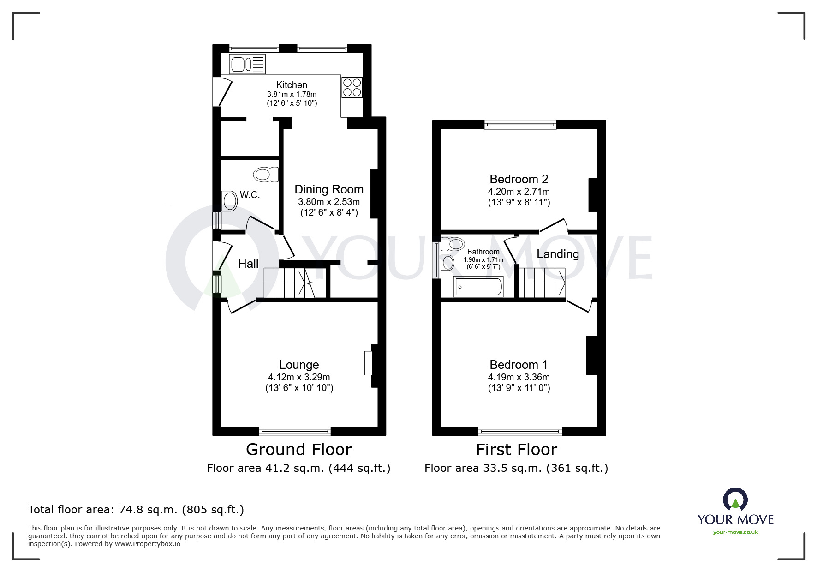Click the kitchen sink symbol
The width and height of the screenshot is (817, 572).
pyautogui.click(x=247, y=64)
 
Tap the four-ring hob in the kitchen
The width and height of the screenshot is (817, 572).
pyautogui.click(x=352, y=88)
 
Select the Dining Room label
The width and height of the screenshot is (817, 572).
pyautogui.click(x=328, y=189)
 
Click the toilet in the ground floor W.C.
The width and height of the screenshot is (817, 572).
pyautogui.click(x=266, y=175)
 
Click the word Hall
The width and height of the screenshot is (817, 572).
pyautogui.click(x=248, y=264)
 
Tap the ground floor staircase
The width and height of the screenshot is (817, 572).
pyautogui.click(x=290, y=283)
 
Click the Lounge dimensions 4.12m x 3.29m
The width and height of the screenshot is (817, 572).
pyautogui.click(x=299, y=377)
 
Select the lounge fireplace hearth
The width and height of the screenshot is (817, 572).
pyautogui.click(x=368, y=363)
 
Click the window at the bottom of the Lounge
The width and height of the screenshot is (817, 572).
pyautogui.click(x=295, y=431)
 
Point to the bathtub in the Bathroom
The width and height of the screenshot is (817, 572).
pyautogui.click(x=478, y=287)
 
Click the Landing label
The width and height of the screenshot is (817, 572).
pyautogui.click(x=557, y=254)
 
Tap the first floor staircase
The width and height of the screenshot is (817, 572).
pyautogui.click(x=542, y=283)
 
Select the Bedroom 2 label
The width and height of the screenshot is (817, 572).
pyautogui.click(x=519, y=179)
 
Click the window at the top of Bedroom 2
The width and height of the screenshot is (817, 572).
pyautogui.click(x=520, y=124)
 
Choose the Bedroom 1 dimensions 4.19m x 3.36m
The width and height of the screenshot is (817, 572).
pyautogui.click(x=519, y=377)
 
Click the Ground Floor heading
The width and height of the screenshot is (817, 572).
pyautogui.click(x=298, y=449)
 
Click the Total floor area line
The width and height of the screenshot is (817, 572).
pyautogui.click(x=136, y=510)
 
